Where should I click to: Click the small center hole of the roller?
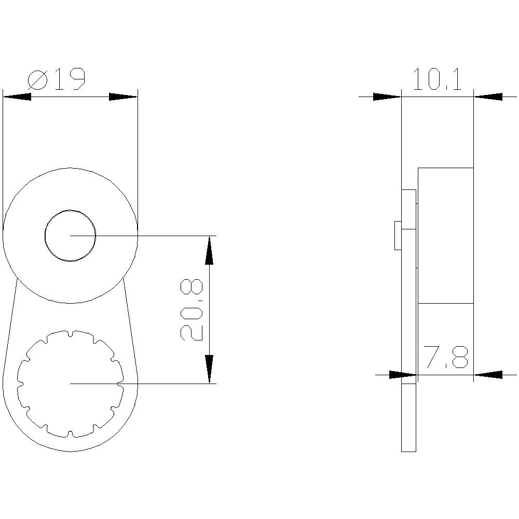[x=70, y=236]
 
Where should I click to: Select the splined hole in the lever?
[x=70, y=384]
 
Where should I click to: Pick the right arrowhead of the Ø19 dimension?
[x=124, y=97]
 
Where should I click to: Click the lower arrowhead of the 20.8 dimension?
[x=209, y=369]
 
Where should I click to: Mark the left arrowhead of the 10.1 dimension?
[x=387, y=97]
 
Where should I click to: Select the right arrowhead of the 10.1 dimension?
[x=488, y=97]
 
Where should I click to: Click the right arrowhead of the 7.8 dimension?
[x=488, y=374]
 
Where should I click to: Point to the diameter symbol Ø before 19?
[x=37, y=80]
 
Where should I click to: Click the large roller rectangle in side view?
[x=445, y=235]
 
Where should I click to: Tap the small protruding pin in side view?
[x=398, y=236]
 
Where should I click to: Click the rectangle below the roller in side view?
[x=445, y=337]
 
